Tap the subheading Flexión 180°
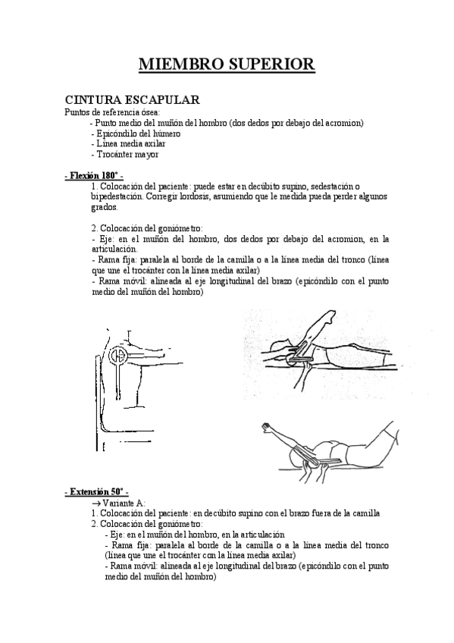point(94,176)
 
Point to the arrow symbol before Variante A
point(95,503)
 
